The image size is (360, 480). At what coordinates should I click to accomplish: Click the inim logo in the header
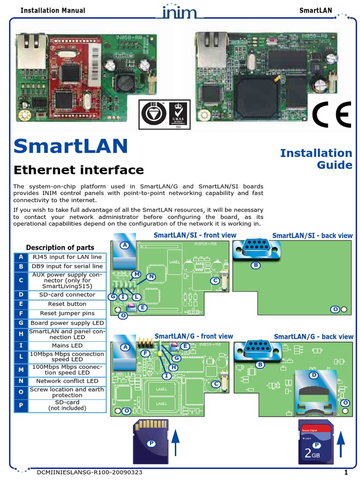[180, 11]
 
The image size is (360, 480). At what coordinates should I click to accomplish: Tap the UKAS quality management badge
[178, 114]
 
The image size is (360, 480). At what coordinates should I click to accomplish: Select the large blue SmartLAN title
[71, 146]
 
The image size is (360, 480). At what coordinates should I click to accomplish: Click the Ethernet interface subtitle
[78, 170]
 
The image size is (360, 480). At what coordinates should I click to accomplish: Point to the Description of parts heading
[60, 247]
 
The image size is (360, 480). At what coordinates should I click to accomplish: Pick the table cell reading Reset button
[67, 304]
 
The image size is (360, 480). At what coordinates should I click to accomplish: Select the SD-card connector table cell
[67, 295]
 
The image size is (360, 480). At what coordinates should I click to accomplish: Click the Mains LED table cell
[67, 345]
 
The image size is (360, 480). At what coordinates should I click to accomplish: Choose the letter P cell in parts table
[21, 405]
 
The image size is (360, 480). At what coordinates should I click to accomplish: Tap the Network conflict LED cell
[67, 381]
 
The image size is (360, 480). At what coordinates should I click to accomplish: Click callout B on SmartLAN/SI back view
[256, 265]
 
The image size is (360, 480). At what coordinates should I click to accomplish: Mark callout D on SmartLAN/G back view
[314, 375]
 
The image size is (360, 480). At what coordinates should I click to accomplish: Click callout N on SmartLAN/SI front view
[151, 277]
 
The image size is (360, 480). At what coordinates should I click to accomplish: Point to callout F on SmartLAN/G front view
[145, 353]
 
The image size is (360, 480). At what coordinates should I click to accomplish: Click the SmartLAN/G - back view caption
[314, 337]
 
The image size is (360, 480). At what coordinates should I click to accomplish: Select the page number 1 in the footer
[345, 472]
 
